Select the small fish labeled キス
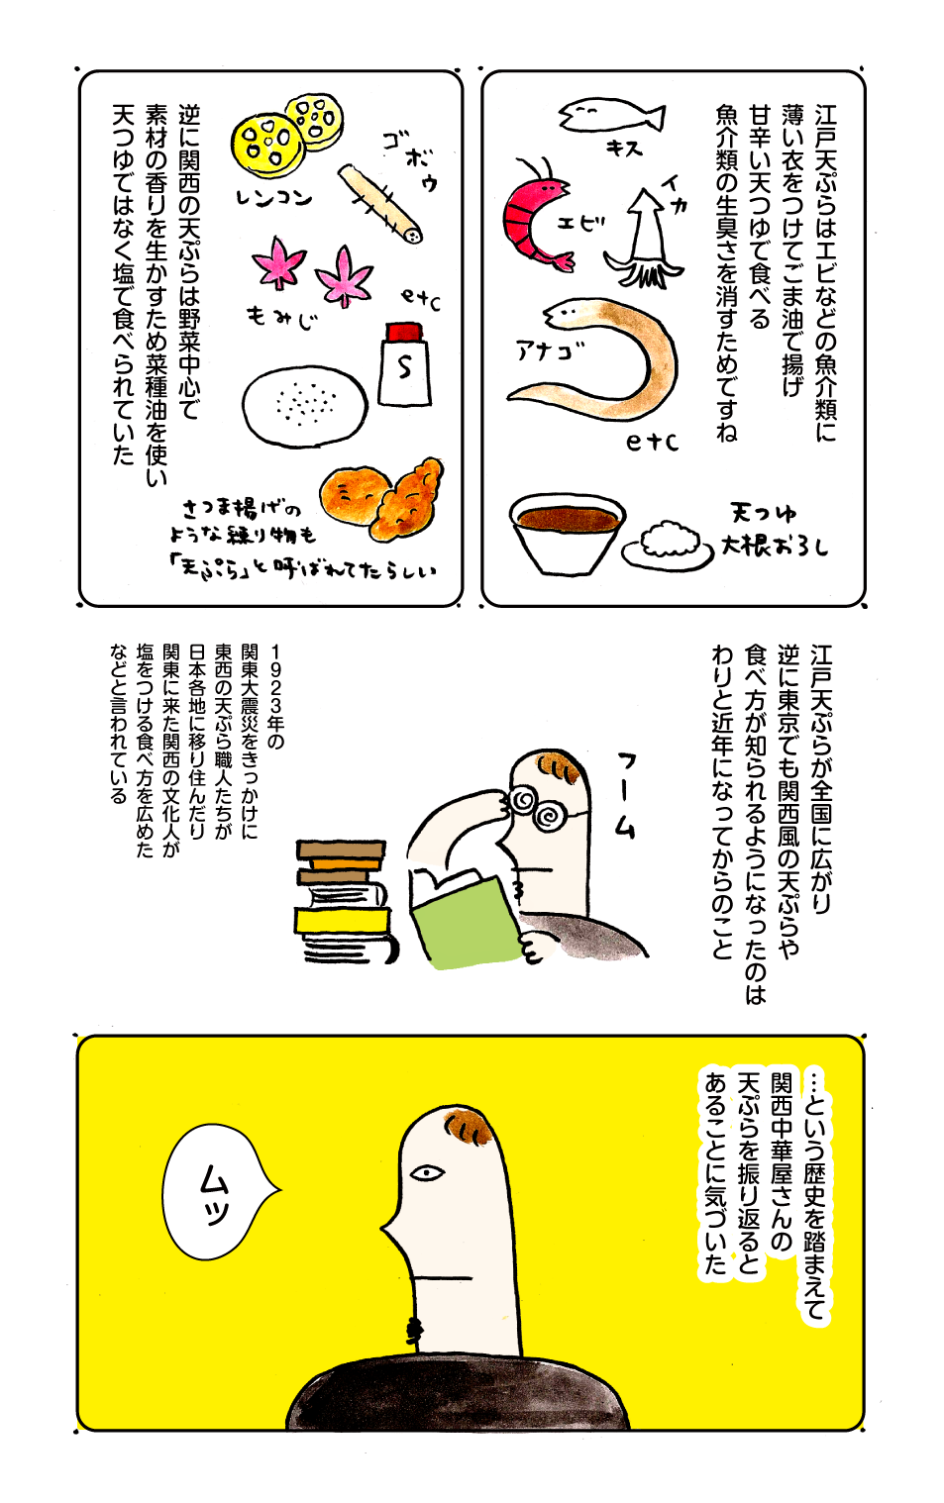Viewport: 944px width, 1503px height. [611, 115]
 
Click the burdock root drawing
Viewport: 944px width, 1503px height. [379, 203]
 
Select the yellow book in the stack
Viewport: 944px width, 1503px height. [343, 920]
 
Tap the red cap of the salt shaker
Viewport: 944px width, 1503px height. [404, 332]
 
